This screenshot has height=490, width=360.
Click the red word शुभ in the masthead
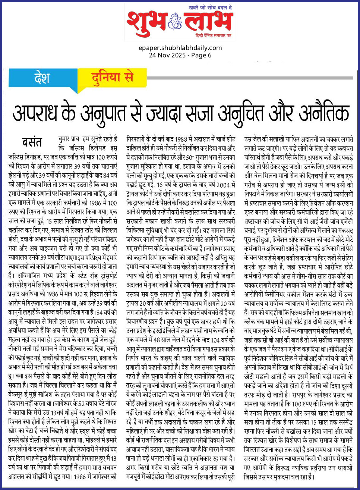pyautogui.click(x=146, y=23)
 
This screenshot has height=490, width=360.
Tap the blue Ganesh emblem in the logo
pyautogui.click(x=175, y=22)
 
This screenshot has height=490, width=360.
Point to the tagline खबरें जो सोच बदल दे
pyautogui.click(x=210, y=7)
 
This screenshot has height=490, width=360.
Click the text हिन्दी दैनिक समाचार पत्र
pyautogui.click(x=213, y=35)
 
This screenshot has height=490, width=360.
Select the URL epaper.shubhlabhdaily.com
pyautogui.click(x=180, y=48)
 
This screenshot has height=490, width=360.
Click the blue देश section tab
pyautogui.click(x=42, y=78)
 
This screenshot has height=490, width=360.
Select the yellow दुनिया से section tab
pyautogui.click(x=112, y=77)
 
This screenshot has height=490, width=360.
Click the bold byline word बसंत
pyautogui.click(x=32, y=142)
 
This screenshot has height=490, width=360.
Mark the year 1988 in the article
pyautogui.click(x=181, y=139)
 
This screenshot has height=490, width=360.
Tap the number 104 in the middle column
pyautogui.click(x=215, y=340)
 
